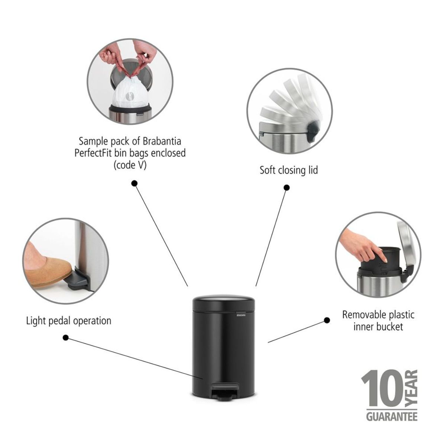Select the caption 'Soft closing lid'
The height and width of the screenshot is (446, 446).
(289, 170)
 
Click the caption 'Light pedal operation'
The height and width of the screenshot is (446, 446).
(68, 320)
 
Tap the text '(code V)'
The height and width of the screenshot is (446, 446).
(130, 165)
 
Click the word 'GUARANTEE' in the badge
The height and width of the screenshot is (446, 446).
(392, 416)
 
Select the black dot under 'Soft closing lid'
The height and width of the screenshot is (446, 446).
(287, 188)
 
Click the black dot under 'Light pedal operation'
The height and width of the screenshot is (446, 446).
(66, 337)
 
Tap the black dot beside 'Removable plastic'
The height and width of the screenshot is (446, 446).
(327, 320)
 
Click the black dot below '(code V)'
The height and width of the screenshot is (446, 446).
(134, 183)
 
